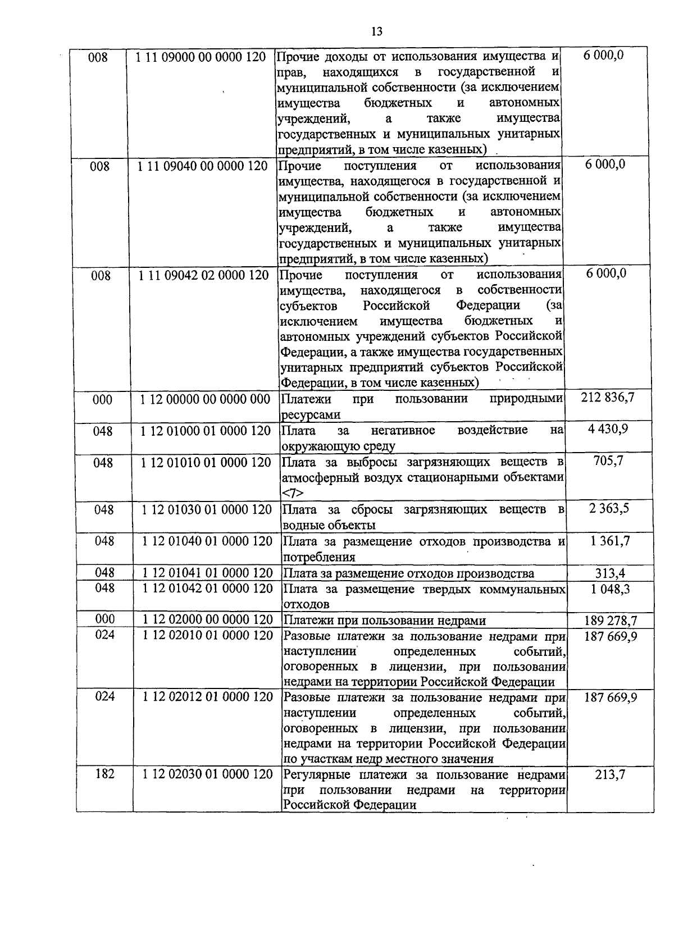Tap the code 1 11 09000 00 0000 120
tap(201, 57)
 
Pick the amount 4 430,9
tap(609, 430)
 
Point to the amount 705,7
tap(609, 461)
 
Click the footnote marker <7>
tap(293, 493)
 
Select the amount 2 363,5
tap(609, 509)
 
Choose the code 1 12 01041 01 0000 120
tap(207, 573)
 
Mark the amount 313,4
tap(610, 573)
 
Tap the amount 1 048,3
tap(609, 589)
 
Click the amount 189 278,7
tap(611, 621)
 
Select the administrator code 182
tap(104, 774)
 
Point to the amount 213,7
tap(610, 775)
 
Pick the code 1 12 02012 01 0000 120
tap(207, 697)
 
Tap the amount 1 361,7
tap(609, 541)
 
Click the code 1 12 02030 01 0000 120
tap(207, 774)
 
